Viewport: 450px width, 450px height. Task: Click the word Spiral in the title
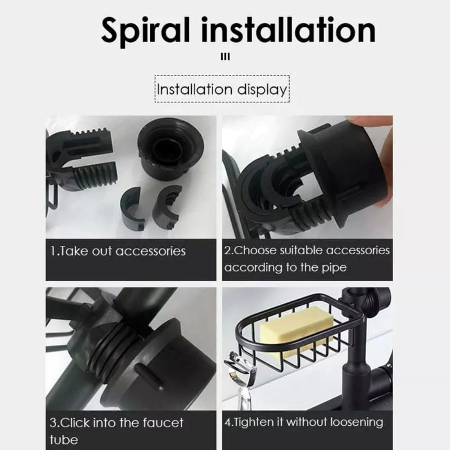[x=145, y=31]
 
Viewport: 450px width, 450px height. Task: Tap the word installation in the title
[x=288, y=30]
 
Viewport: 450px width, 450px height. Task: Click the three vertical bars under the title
[x=225, y=57]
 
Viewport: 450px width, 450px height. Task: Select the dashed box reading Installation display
[x=222, y=89]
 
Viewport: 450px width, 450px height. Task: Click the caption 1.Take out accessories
[x=118, y=251]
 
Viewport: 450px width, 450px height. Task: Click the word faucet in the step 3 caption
[x=163, y=423]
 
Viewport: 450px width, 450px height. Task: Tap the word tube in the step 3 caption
[x=64, y=440]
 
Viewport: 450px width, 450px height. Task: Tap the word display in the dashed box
[x=262, y=90]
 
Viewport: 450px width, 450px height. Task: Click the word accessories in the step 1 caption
[x=151, y=252]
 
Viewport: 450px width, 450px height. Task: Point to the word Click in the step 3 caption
[x=76, y=423]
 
